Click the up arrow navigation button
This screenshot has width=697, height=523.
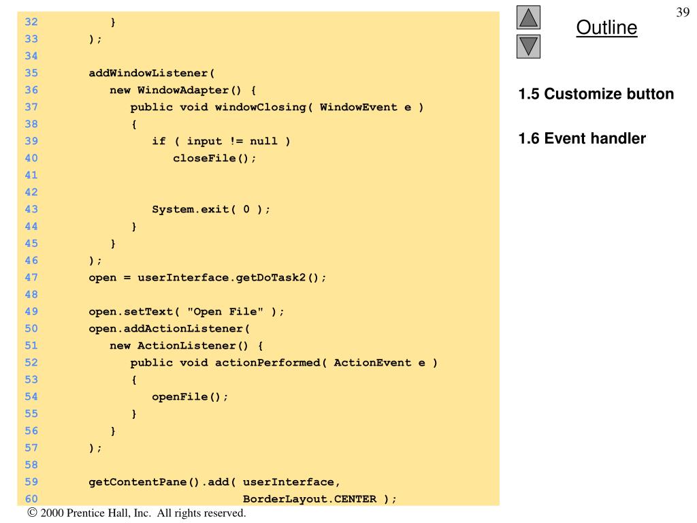(x=529, y=17)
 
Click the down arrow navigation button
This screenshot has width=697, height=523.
(x=529, y=46)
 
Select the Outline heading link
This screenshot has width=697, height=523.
(x=606, y=28)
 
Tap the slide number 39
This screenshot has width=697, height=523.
(x=683, y=12)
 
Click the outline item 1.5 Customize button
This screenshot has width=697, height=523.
(x=596, y=94)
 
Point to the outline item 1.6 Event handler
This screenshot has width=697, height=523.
(x=582, y=139)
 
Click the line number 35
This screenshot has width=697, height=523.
(x=31, y=73)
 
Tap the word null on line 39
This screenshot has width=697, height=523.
(x=263, y=141)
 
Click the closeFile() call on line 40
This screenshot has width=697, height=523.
(x=215, y=158)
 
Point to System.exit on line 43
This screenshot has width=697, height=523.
(x=190, y=209)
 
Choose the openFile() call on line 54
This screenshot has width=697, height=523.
(x=190, y=396)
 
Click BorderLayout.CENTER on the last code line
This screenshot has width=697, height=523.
(x=310, y=498)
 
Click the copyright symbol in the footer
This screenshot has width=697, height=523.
(x=32, y=513)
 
